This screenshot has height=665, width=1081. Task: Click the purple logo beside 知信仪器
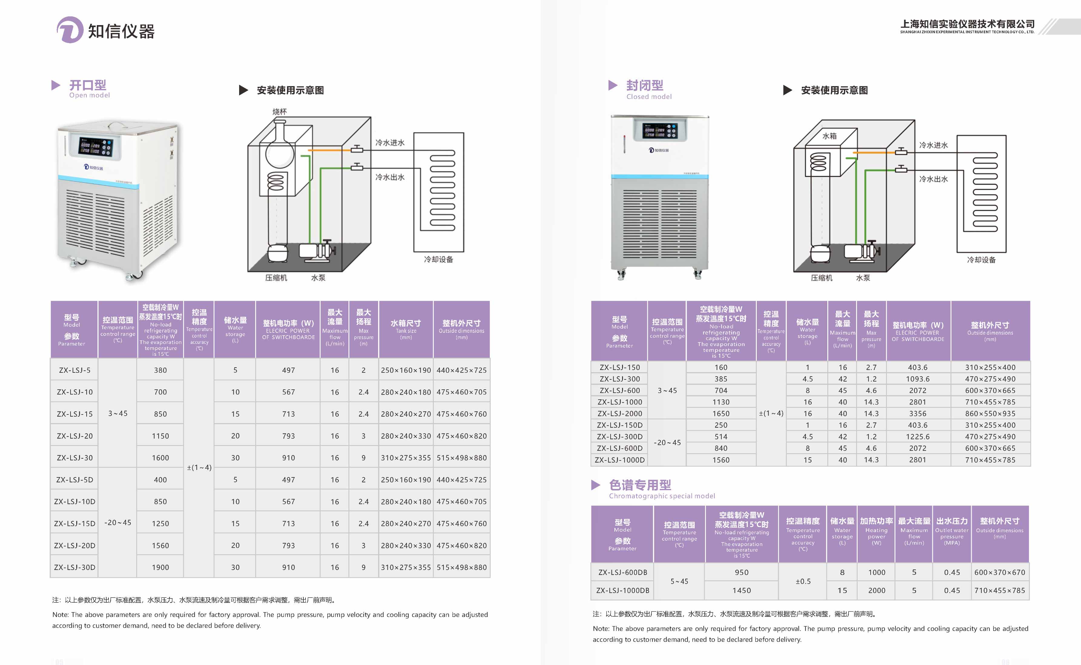point(70,30)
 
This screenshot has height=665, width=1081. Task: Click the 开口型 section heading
point(87,85)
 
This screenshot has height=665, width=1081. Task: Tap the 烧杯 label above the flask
point(279,112)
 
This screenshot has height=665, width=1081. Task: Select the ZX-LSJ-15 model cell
point(74,414)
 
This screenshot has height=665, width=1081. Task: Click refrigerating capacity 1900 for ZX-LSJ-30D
point(160,567)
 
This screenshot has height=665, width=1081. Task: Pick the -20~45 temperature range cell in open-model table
point(117,522)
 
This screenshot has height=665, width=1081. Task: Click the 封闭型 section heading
point(644,85)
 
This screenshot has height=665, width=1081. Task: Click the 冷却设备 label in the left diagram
point(438,260)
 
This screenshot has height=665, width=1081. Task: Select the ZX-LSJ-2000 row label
point(619,413)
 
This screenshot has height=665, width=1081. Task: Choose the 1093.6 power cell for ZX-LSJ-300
point(917,379)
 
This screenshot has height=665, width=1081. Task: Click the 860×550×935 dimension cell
point(990,413)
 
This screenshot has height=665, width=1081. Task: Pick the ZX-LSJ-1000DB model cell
point(623,590)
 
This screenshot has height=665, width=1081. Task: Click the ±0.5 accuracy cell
point(803,581)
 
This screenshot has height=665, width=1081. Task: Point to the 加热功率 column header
point(876,521)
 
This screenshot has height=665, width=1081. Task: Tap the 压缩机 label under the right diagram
point(821,278)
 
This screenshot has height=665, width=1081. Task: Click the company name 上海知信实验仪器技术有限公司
point(967,24)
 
